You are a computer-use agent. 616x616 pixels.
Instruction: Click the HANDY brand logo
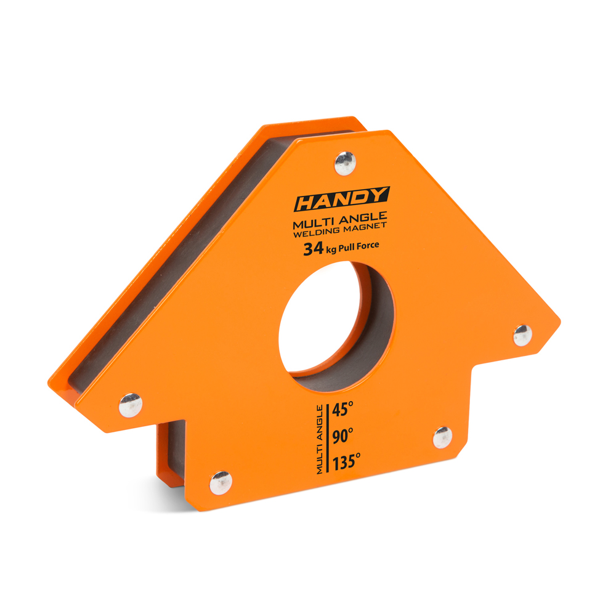pyautogui.click(x=342, y=199)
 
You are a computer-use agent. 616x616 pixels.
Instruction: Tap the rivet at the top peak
pyautogui.click(x=345, y=163)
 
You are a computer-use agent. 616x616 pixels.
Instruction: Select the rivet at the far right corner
pyautogui.click(x=523, y=335)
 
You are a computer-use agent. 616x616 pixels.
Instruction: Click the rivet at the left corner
pyautogui.click(x=131, y=405)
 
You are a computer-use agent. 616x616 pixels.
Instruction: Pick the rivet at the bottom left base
pyautogui.click(x=221, y=483)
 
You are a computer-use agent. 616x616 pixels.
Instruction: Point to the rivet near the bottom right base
pyautogui.click(x=442, y=437)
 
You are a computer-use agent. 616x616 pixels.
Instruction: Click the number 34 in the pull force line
pyautogui.click(x=313, y=249)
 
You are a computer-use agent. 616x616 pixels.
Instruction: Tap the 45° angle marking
pyautogui.click(x=342, y=409)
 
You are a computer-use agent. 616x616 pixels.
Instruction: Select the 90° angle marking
pyautogui.click(x=342, y=436)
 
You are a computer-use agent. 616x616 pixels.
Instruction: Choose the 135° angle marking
pyautogui.click(x=346, y=462)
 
